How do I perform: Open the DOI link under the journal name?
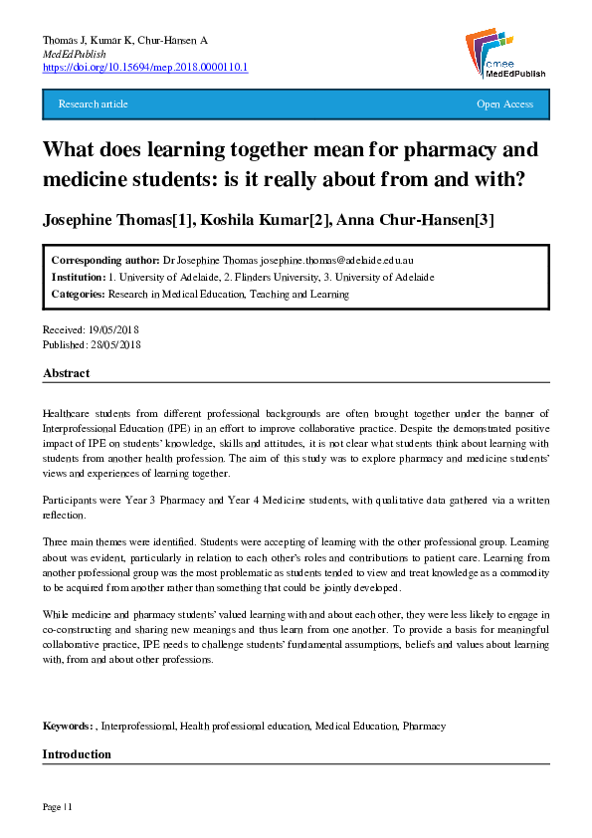pos(145,67)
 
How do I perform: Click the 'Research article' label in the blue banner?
pos(94,105)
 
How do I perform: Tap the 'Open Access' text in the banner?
pos(504,105)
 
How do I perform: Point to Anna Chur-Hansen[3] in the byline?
pos(425,219)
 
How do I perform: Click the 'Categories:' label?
pos(79,294)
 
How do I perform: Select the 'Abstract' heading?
pos(66,373)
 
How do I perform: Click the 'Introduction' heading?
pos(77,754)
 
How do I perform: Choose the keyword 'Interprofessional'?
pos(138,727)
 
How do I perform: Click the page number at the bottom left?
pos(57,805)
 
